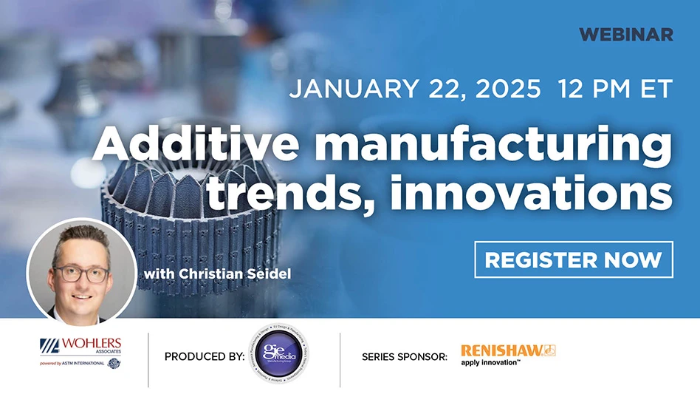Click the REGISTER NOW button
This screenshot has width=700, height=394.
coord(573,259)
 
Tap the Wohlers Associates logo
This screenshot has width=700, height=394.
coord(80,346)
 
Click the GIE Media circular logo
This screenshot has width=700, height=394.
coord(278,356)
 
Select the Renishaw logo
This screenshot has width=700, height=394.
coord(508,350)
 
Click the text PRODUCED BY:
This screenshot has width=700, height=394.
coord(204,357)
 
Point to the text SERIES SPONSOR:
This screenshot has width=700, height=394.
coord(404,357)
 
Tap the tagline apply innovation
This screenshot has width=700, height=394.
coord(491,362)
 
